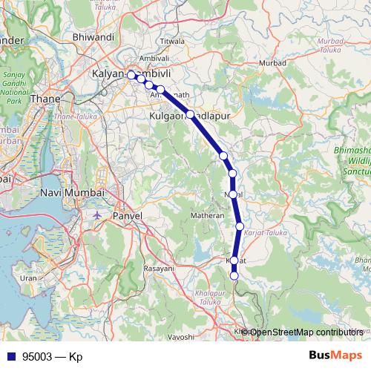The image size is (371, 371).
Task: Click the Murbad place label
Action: (274, 63)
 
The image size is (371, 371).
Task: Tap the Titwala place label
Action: (171, 41)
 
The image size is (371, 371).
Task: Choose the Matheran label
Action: (208, 214)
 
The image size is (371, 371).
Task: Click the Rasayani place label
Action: (158, 267)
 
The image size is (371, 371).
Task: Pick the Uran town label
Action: (28, 278)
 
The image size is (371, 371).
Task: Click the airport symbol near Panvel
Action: (98, 214)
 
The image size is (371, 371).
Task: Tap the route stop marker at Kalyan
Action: (131, 75)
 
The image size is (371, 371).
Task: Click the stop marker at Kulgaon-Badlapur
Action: (190, 114)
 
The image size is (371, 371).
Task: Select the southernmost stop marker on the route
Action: (234, 276)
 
